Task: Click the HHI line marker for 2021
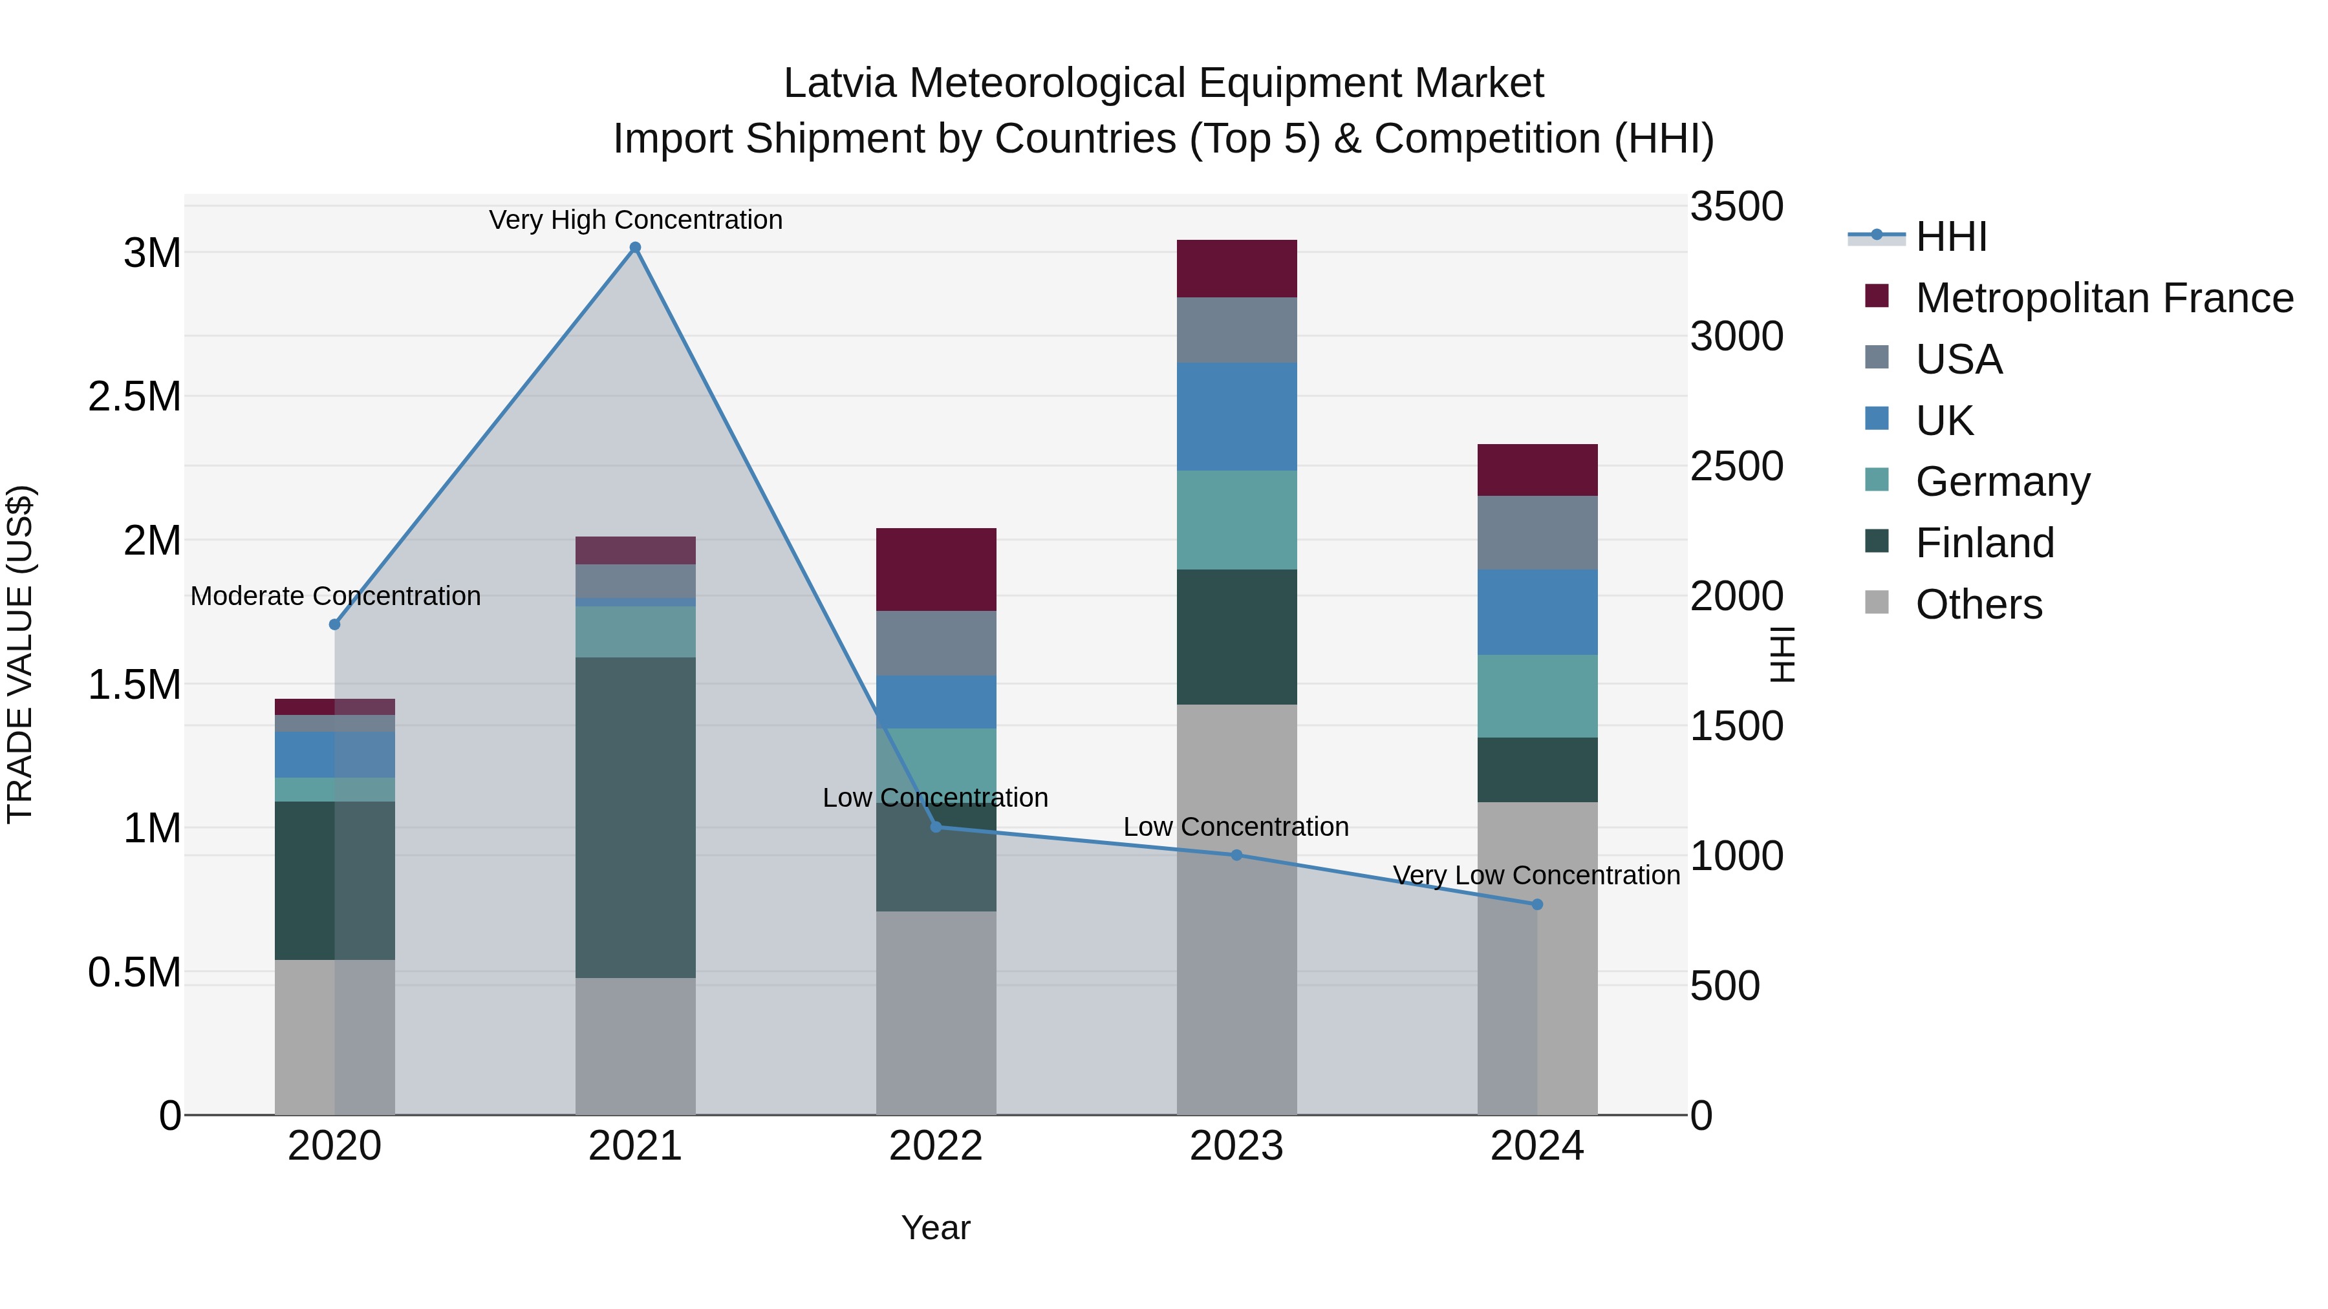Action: tap(635, 248)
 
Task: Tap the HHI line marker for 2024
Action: tap(1537, 904)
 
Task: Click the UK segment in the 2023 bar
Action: tap(1236, 416)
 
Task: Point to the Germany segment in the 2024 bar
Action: tap(1537, 696)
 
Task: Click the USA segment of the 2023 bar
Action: tap(1236, 330)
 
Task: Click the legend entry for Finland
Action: tap(1985, 543)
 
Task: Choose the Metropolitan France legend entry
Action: tap(2104, 298)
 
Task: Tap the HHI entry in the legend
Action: tap(1950, 237)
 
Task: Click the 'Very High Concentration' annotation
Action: tap(635, 220)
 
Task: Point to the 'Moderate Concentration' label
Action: tap(335, 596)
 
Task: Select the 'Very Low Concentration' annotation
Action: tap(1536, 875)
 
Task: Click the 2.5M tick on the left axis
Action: tap(134, 397)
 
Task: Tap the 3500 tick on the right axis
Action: tap(1736, 207)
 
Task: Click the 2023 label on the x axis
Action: tap(1236, 1146)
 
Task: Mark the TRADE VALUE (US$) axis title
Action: tap(20, 654)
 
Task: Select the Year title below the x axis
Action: tap(935, 1228)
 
